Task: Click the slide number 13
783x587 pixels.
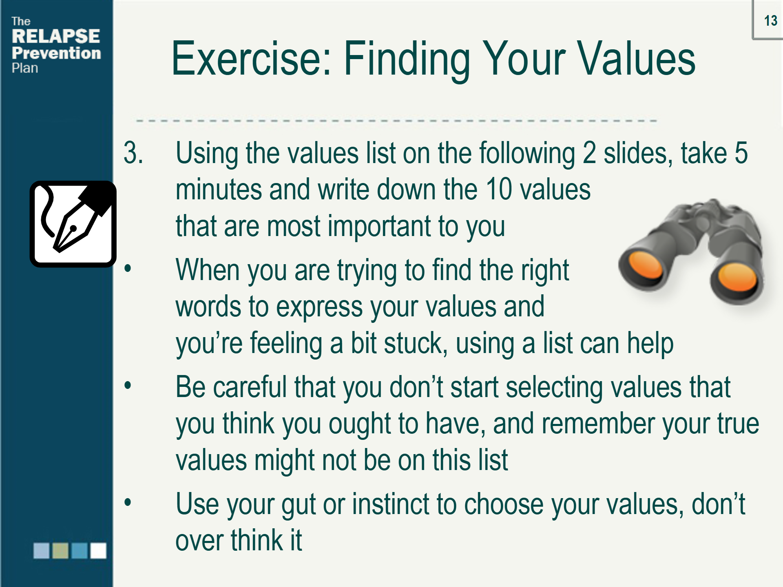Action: pyautogui.click(x=770, y=21)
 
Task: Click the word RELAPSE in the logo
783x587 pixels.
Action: pyautogui.click(x=56, y=36)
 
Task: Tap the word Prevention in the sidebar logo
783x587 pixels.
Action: pyautogui.click(x=56, y=53)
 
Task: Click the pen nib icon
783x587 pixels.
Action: pyautogui.click(x=73, y=224)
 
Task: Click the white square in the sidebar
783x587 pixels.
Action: pyautogui.click(x=98, y=550)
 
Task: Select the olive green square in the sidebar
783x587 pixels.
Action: pyautogui.click(x=60, y=550)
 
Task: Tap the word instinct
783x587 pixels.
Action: pyautogui.click(x=390, y=504)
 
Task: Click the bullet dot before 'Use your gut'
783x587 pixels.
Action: pyautogui.click(x=128, y=502)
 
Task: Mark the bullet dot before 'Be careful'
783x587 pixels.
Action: pyautogui.click(x=128, y=385)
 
